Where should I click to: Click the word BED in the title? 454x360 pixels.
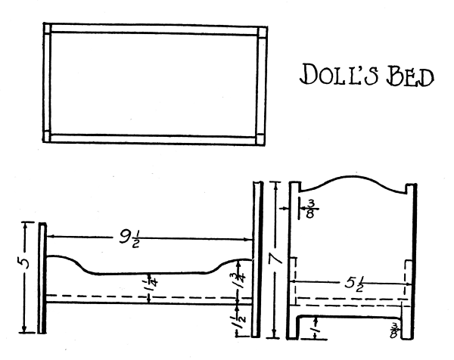[412, 76]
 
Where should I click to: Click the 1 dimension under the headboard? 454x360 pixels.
[316, 328]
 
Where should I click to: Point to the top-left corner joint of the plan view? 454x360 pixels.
[47, 30]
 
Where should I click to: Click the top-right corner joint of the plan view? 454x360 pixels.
[262, 33]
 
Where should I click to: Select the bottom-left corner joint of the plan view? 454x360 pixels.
[48, 138]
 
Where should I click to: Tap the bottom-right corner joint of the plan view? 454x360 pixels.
[261, 138]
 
